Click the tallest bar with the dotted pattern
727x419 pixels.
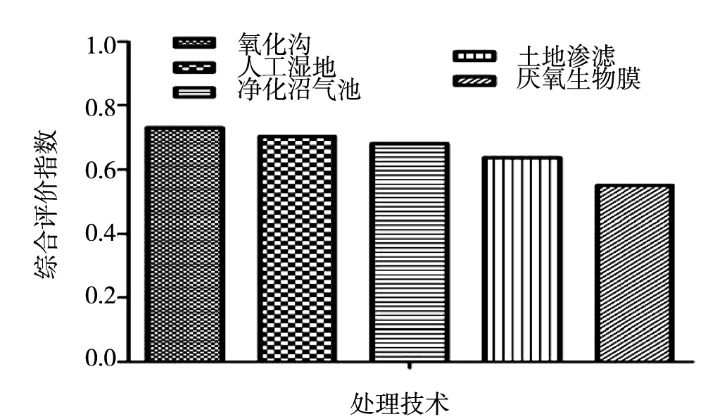[184, 244]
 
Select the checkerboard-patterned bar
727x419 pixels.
[296, 249]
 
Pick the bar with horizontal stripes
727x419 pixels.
[409, 252]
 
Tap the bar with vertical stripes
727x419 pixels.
[521, 259]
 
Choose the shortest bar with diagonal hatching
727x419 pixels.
[634, 273]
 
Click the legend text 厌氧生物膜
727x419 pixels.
[578, 78]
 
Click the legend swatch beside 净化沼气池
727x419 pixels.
[195, 92]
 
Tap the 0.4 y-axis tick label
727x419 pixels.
[102, 234]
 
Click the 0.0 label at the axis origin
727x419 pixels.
[102, 361]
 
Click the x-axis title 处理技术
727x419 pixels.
[400, 404]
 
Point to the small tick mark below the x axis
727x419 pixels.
[410, 366]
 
